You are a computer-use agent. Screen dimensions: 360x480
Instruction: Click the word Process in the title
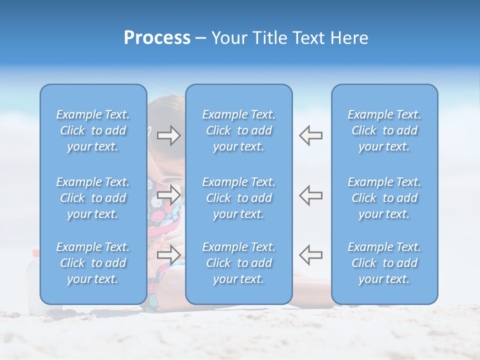click(157, 38)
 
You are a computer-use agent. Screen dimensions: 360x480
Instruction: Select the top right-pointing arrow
click(169, 135)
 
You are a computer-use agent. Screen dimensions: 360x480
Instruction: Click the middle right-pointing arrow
click(169, 194)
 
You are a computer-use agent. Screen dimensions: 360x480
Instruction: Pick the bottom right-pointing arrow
click(169, 254)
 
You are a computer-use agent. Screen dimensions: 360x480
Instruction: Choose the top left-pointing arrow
click(310, 135)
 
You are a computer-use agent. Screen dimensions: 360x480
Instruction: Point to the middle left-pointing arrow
click(310, 194)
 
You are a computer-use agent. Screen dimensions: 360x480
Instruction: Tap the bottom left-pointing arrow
click(310, 254)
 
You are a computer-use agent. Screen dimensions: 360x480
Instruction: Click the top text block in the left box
click(93, 130)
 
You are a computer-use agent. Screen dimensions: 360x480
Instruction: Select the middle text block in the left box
click(93, 198)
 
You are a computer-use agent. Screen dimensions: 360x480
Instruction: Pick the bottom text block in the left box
click(93, 263)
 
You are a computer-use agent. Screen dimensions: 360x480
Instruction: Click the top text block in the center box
click(239, 130)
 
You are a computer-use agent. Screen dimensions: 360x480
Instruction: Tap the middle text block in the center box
click(239, 198)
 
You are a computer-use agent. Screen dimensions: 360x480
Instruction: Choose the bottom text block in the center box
click(239, 263)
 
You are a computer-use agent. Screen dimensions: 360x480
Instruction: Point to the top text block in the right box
click(384, 130)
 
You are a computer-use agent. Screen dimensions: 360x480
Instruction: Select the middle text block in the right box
click(384, 198)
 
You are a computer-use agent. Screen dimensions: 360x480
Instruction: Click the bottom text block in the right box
click(384, 263)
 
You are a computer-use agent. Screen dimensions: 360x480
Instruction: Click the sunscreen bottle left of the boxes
click(33, 280)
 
